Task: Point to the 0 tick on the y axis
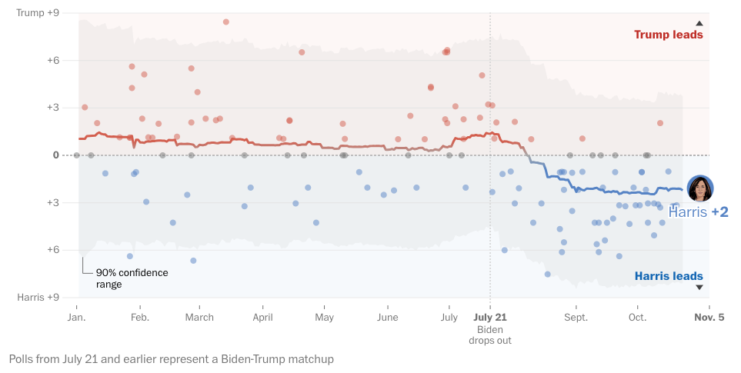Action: tap(55, 155)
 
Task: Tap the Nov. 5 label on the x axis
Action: tap(709, 317)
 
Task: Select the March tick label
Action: tap(199, 317)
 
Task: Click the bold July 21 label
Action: tap(490, 317)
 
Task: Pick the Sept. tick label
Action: tap(576, 317)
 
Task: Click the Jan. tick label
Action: tap(76, 317)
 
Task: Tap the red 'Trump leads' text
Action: tap(668, 35)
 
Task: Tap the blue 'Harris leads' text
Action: tap(668, 277)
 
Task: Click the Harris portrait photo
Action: tap(700, 188)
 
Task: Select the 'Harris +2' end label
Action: tap(698, 212)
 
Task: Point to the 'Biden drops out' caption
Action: tap(490, 335)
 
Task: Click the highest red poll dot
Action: tap(226, 22)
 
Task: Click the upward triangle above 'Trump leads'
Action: tap(699, 24)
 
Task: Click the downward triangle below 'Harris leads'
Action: tap(699, 288)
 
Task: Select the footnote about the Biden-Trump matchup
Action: tap(172, 359)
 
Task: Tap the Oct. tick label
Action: tap(637, 317)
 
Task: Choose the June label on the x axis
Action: tap(388, 317)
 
